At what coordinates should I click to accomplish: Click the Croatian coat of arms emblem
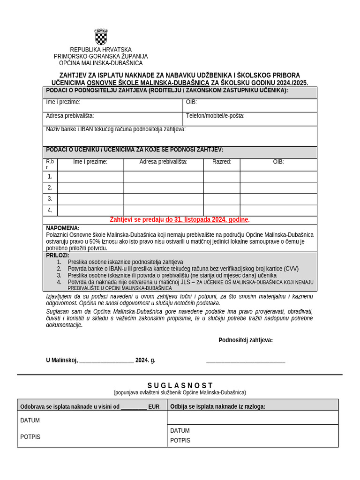[x=101, y=37]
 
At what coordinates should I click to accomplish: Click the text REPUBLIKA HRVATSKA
[x=101, y=50]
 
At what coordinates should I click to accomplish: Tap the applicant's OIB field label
[x=191, y=102]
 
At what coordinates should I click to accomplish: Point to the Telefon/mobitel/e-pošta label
[x=215, y=115]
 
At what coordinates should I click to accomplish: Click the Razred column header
[x=222, y=162]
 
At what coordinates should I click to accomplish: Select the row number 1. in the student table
[x=50, y=177]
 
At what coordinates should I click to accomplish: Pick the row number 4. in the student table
[x=50, y=210]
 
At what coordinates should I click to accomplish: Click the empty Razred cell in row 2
[x=222, y=188]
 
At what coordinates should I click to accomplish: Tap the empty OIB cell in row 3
[x=278, y=199]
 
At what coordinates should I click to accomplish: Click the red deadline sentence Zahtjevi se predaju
[x=180, y=219]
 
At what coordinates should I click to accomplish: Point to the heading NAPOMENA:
[x=63, y=228]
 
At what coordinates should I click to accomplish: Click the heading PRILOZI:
[x=58, y=255]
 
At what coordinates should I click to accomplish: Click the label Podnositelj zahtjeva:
[x=246, y=340]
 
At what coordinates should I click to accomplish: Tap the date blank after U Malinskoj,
[x=106, y=360]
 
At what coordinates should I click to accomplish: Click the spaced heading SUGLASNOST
[x=180, y=385]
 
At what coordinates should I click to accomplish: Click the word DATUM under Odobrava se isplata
[x=30, y=420]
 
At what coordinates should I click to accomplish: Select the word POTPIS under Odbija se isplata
[x=180, y=440]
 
